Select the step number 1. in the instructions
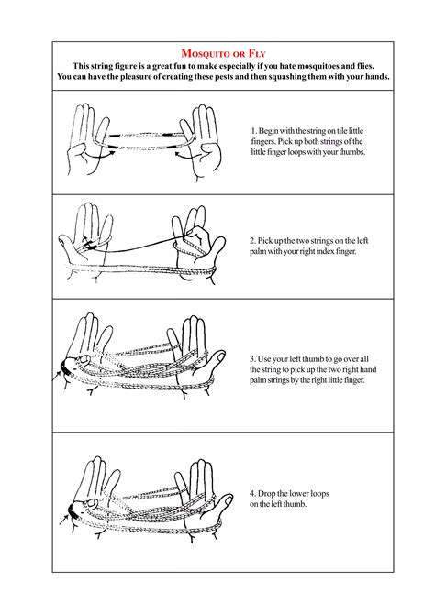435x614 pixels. tap(253, 131)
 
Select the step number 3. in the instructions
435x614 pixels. tap(253, 358)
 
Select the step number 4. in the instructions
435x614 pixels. tap(253, 494)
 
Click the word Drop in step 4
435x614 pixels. tap(271, 494)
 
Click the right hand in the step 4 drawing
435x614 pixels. tap(202, 495)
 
